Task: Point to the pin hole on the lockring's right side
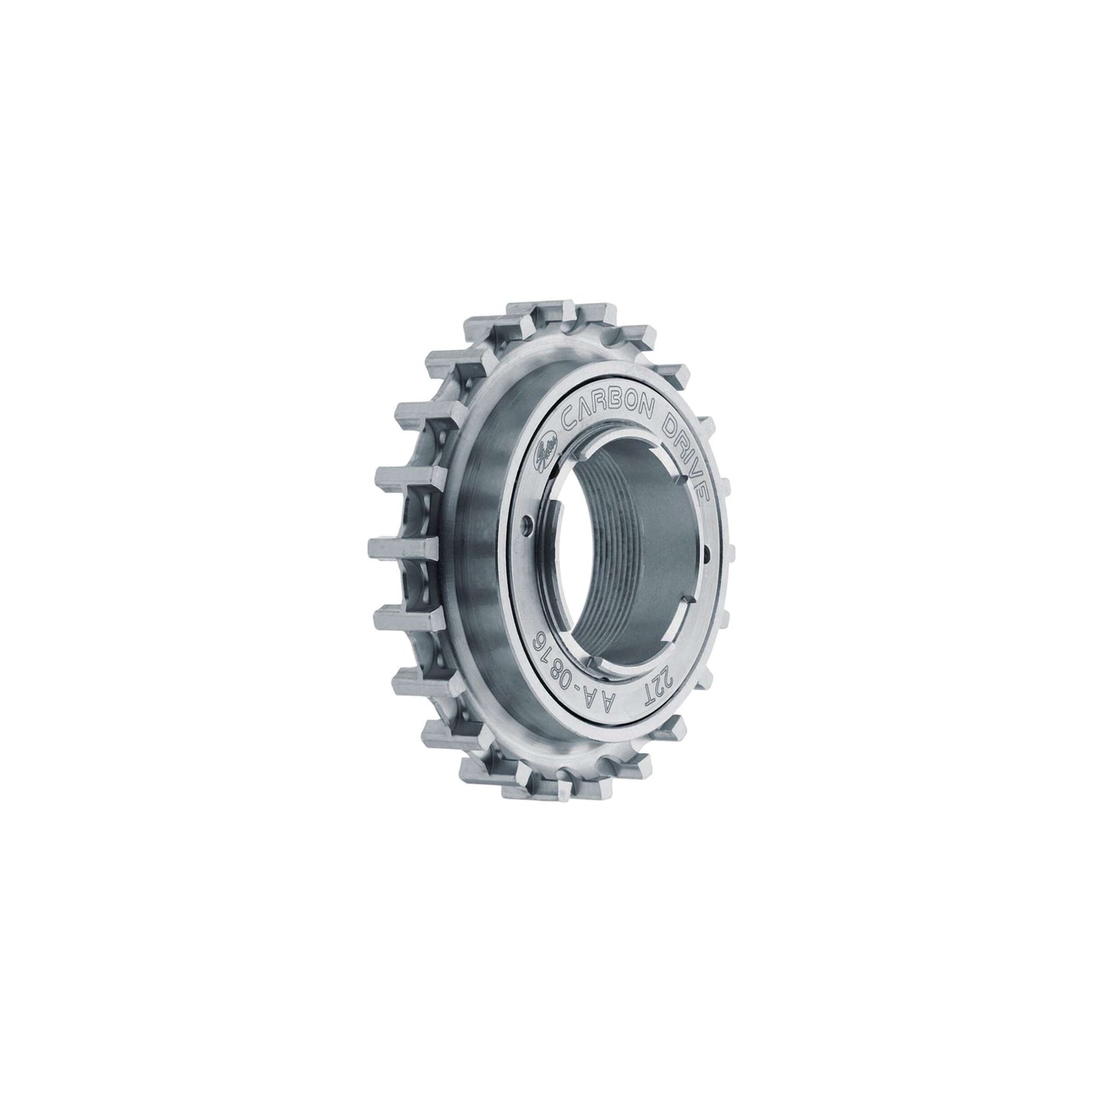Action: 708,554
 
